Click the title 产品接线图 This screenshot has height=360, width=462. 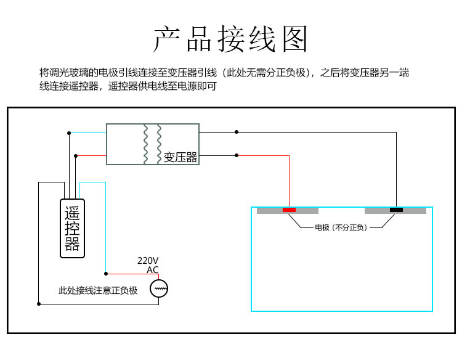(x=231, y=39)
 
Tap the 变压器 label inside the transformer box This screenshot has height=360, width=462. (x=180, y=157)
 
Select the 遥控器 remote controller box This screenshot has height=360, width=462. (x=72, y=229)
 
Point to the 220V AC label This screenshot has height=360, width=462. (x=148, y=265)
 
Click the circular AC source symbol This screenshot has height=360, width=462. (x=159, y=288)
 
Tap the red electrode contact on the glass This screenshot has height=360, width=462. (x=289, y=210)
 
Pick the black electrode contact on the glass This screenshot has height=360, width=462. (x=396, y=210)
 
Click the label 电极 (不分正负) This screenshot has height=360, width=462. (x=341, y=227)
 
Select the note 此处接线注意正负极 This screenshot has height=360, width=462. (x=98, y=290)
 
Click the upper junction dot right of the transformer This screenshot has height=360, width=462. (x=237, y=132)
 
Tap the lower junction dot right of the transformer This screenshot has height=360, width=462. (x=237, y=155)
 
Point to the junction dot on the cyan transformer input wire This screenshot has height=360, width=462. (x=69, y=133)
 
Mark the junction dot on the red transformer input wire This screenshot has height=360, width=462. (x=76, y=156)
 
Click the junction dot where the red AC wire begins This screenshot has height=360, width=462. (x=106, y=274)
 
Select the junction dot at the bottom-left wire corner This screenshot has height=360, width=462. (x=39, y=304)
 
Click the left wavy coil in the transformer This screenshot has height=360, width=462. (x=145, y=144)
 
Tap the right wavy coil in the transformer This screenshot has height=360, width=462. (x=159, y=144)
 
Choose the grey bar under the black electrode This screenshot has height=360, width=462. (x=395, y=211)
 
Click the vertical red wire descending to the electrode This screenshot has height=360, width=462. (x=289, y=181)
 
